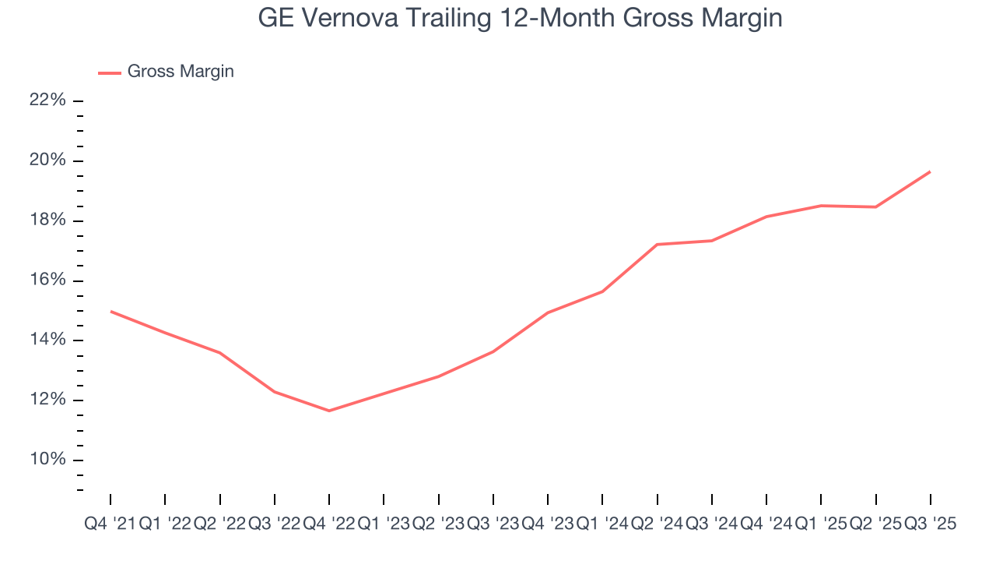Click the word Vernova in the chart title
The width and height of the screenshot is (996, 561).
(x=337, y=19)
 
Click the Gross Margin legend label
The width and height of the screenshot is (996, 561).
(x=181, y=72)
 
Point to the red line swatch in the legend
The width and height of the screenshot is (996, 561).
(x=109, y=72)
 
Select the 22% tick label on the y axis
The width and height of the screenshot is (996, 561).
(x=47, y=101)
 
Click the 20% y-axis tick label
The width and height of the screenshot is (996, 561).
(x=47, y=161)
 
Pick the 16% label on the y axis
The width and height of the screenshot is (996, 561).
(x=47, y=280)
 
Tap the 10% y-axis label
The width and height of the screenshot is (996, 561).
(x=47, y=460)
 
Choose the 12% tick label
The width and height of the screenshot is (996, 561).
(x=47, y=400)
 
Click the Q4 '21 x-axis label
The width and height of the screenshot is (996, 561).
(x=109, y=524)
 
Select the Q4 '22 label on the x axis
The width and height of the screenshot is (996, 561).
(x=328, y=524)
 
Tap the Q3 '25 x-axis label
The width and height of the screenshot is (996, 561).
(x=930, y=524)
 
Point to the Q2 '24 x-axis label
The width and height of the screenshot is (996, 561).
(x=657, y=524)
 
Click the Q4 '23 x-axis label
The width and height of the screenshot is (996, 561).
(x=548, y=524)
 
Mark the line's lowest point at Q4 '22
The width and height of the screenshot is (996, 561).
(x=329, y=411)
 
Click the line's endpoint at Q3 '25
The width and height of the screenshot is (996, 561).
(x=931, y=171)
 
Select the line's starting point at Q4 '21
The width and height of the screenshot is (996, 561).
(x=110, y=311)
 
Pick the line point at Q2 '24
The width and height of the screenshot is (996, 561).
(x=658, y=245)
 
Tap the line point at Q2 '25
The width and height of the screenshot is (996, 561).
(x=876, y=206)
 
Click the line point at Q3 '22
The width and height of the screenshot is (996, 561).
(x=275, y=391)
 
